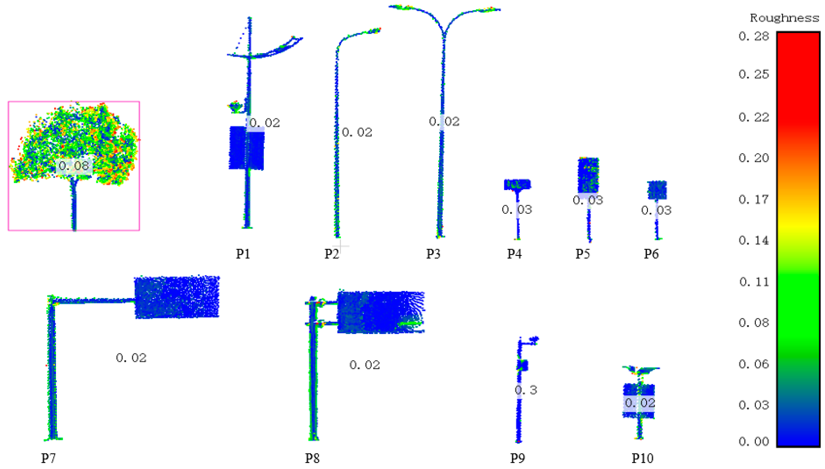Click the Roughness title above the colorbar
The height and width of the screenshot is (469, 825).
tap(784, 18)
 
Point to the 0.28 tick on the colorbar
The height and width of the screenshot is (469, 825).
tap(754, 36)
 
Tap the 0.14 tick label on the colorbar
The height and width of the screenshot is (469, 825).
tap(754, 240)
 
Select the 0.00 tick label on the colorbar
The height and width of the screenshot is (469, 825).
tap(754, 441)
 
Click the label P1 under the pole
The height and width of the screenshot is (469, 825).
tap(243, 254)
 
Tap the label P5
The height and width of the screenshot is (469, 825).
tap(583, 254)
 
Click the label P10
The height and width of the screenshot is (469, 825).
tap(642, 458)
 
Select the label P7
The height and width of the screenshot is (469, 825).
tap(48, 458)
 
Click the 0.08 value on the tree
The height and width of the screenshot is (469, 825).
tap(74, 166)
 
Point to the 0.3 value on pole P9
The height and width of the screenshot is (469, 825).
tap(526, 390)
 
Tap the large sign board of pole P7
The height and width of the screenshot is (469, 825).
tap(177, 297)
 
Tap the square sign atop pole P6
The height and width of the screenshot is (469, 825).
tap(657, 190)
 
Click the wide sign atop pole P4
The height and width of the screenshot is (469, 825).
tap(517, 184)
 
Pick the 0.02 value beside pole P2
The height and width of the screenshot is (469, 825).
tap(357, 132)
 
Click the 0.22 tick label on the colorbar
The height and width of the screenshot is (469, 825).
tap(754, 117)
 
